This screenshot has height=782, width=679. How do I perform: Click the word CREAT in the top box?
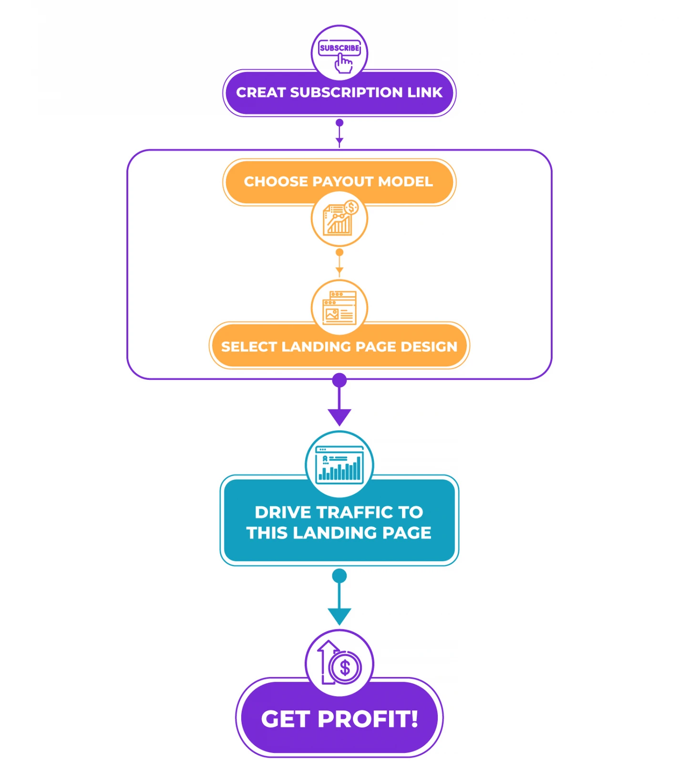(261, 93)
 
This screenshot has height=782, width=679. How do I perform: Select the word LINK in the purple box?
(425, 93)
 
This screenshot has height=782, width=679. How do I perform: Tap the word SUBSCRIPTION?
(347, 93)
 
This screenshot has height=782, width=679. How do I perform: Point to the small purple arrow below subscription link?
(339, 133)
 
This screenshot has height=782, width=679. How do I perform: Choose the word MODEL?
(405, 181)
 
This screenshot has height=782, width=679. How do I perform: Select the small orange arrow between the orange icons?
(339, 262)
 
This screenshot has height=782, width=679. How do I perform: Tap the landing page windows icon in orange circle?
(339, 308)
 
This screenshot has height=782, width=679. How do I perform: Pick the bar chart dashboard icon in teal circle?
(339, 465)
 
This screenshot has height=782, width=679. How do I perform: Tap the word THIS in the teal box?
(267, 533)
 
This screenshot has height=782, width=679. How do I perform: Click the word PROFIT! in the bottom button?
(368, 719)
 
